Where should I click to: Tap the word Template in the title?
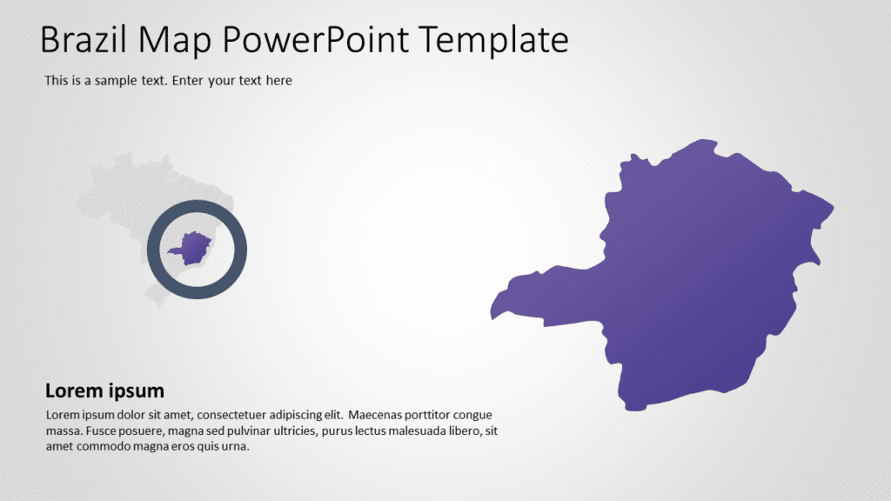493,40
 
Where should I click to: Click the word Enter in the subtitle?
189,81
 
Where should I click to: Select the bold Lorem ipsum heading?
104,391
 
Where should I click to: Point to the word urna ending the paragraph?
236,446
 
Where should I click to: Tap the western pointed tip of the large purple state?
492,316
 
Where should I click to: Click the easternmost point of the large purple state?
832,208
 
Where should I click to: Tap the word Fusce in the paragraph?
93,431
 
